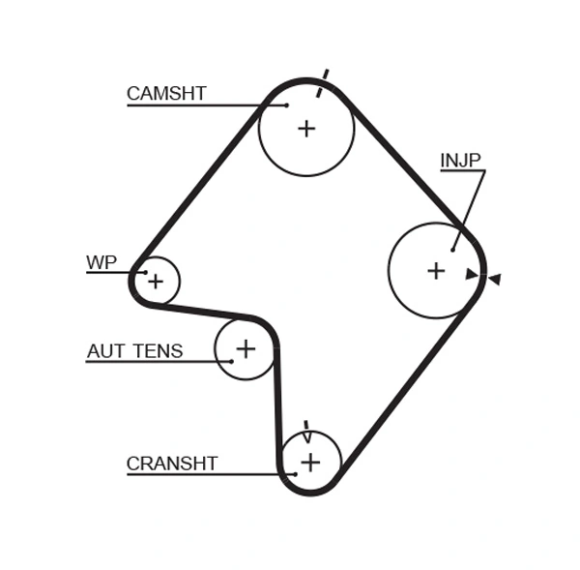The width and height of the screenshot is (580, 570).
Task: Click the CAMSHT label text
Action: [166, 94]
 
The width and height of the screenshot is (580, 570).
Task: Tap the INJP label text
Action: [460, 161]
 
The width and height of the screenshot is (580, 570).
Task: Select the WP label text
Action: [101, 262]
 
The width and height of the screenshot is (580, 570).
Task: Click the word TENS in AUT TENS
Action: [157, 351]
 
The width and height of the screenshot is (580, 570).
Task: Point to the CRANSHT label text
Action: [172, 464]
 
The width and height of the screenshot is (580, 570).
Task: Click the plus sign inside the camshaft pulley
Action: [306, 128]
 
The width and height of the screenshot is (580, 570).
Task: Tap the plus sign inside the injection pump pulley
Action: [436, 270]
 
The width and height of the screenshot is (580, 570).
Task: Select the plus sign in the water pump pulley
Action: [157, 282]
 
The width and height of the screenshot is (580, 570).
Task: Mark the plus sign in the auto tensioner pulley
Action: [246, 347]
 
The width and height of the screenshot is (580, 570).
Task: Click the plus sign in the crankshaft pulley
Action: [309, 462]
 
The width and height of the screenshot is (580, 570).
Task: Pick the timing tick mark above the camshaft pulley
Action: [324, 77]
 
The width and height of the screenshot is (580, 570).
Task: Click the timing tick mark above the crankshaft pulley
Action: [306, 430]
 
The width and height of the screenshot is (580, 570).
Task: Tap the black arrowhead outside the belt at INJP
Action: [494, 279]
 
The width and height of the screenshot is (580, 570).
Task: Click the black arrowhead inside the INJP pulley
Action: [472, 274]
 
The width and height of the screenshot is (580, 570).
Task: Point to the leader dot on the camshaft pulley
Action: [287, 105]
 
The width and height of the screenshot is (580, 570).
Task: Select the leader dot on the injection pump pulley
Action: [452, 249]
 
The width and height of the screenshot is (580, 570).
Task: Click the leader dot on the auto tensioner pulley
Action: [232, 361]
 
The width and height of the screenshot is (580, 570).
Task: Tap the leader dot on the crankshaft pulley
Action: [295, 473]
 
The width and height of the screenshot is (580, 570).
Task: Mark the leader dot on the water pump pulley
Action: [145, 272]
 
